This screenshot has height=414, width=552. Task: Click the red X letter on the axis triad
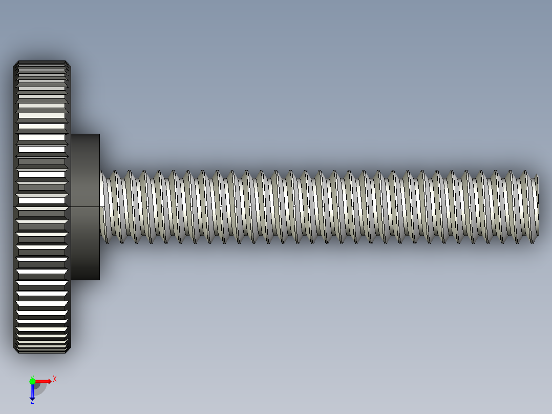(x=54, y=379)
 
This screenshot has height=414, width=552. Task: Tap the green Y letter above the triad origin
(x=32, y=376)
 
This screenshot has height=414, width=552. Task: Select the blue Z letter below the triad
(x=32, y=402)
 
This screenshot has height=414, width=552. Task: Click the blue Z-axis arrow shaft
(x=32, y=390)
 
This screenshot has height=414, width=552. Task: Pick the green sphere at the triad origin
(x=32, y=381)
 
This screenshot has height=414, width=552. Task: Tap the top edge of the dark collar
(x=85, y=134)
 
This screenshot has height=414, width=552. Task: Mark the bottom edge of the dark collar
(x=85, y=280)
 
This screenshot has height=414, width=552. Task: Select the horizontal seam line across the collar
(x=85, y=206)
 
